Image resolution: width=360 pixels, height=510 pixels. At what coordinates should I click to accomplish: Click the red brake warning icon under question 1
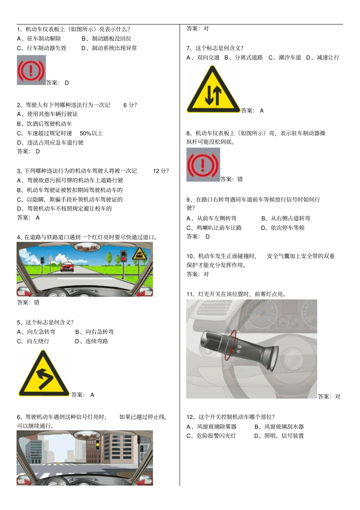pyautogui.click(x=31, y=70)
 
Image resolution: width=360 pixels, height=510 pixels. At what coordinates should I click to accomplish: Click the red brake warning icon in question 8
pyautogui.click(x=203, y=165)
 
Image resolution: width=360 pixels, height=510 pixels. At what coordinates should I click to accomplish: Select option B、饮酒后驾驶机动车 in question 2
pyautogui.click(x=44, y=124)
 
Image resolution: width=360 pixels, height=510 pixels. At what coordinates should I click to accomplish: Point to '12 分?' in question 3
pyautogui.click(x=161, y=171)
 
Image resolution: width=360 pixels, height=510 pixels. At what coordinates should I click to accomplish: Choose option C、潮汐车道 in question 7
pyautogui.click(x=285, y=58)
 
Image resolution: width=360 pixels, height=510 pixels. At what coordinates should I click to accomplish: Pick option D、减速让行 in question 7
pyautogui.click(x=322, y=58)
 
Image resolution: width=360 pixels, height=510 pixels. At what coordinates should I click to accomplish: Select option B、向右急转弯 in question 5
pyautogui.click(x=94, y=332)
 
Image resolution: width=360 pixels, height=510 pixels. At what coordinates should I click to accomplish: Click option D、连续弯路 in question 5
pyautogui.click(x=91, y=341)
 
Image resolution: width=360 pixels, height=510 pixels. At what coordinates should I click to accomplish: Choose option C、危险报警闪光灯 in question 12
pyautogui.click(x=211, y=436)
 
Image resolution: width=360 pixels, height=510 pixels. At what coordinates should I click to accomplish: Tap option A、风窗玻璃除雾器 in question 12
pyautogui.click(x=211, y=427)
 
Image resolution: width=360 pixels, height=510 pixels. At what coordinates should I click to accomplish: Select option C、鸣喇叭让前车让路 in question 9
pyautogui.click(x=214, y=228)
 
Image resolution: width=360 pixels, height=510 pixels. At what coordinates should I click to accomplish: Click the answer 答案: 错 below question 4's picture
pyautogui.click(x=28, y=303)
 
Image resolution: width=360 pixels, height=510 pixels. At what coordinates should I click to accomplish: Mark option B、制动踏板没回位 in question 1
pyautogui.click(x=106, y=39)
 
